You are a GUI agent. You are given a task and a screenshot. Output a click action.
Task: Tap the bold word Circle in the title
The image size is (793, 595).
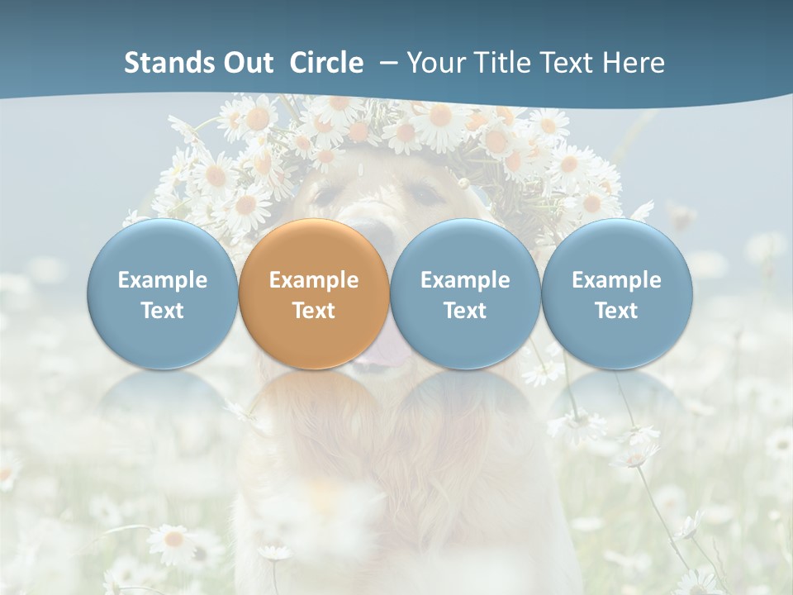pos(326,63)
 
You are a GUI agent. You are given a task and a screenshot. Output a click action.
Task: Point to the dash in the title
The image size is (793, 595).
pos(387,63)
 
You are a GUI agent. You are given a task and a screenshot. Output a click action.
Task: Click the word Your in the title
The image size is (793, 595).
pos(434,63)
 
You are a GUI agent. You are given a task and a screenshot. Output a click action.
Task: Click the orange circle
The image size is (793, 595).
pos(314,294)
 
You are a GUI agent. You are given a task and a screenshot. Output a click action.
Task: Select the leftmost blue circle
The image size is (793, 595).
pos(162,294)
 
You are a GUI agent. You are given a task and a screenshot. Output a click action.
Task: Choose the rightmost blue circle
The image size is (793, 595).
pos(616,294)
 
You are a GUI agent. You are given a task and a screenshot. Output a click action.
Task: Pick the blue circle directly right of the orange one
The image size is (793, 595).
pos(465,294)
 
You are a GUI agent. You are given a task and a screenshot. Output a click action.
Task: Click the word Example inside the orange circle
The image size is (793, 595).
pos(314,280)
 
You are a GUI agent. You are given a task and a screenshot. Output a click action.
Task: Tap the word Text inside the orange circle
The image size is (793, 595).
pos(314,311)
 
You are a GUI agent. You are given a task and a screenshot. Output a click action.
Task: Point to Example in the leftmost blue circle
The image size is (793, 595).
pos(162,280)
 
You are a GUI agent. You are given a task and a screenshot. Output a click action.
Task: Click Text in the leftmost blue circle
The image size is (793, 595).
pos(162,311)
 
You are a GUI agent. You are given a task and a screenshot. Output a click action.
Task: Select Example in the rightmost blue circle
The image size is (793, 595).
pos(616,280)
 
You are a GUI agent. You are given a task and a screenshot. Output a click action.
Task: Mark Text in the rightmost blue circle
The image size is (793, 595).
pos(616,311)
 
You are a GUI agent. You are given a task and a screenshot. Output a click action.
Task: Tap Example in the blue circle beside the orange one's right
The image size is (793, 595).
pos(465,280)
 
